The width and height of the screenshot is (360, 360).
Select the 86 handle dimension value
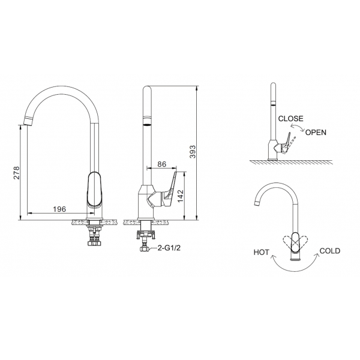pos(161,163)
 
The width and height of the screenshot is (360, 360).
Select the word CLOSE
pos(291,119)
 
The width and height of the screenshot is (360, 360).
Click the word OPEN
pos(316,132)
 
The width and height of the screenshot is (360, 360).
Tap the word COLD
pos(331,251)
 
